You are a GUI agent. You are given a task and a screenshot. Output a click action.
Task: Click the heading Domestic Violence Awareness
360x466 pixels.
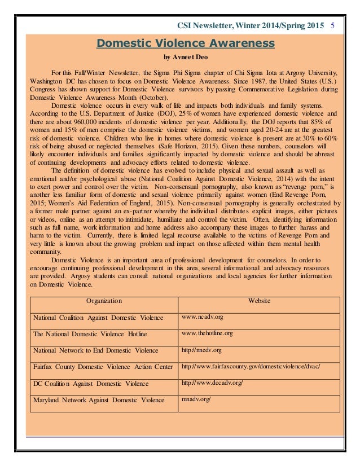click(186, 43)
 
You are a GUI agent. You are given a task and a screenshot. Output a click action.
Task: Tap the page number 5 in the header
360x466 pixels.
click(333, 25)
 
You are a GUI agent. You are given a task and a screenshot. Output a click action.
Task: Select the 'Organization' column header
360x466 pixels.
click(104, 301)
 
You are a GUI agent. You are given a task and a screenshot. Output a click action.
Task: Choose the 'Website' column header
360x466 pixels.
click(259, 301)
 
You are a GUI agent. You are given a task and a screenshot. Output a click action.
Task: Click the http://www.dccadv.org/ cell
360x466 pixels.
click(212, 384)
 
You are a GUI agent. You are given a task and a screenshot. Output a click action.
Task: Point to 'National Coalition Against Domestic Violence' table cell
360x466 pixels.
click(98, 318)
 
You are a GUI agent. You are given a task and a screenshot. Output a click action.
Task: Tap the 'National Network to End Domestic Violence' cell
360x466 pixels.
click(95, 350)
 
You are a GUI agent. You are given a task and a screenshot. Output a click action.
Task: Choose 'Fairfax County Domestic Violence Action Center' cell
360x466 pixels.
click(103, 367)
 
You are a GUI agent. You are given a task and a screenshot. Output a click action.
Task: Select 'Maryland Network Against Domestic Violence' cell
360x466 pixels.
click(99, 401)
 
